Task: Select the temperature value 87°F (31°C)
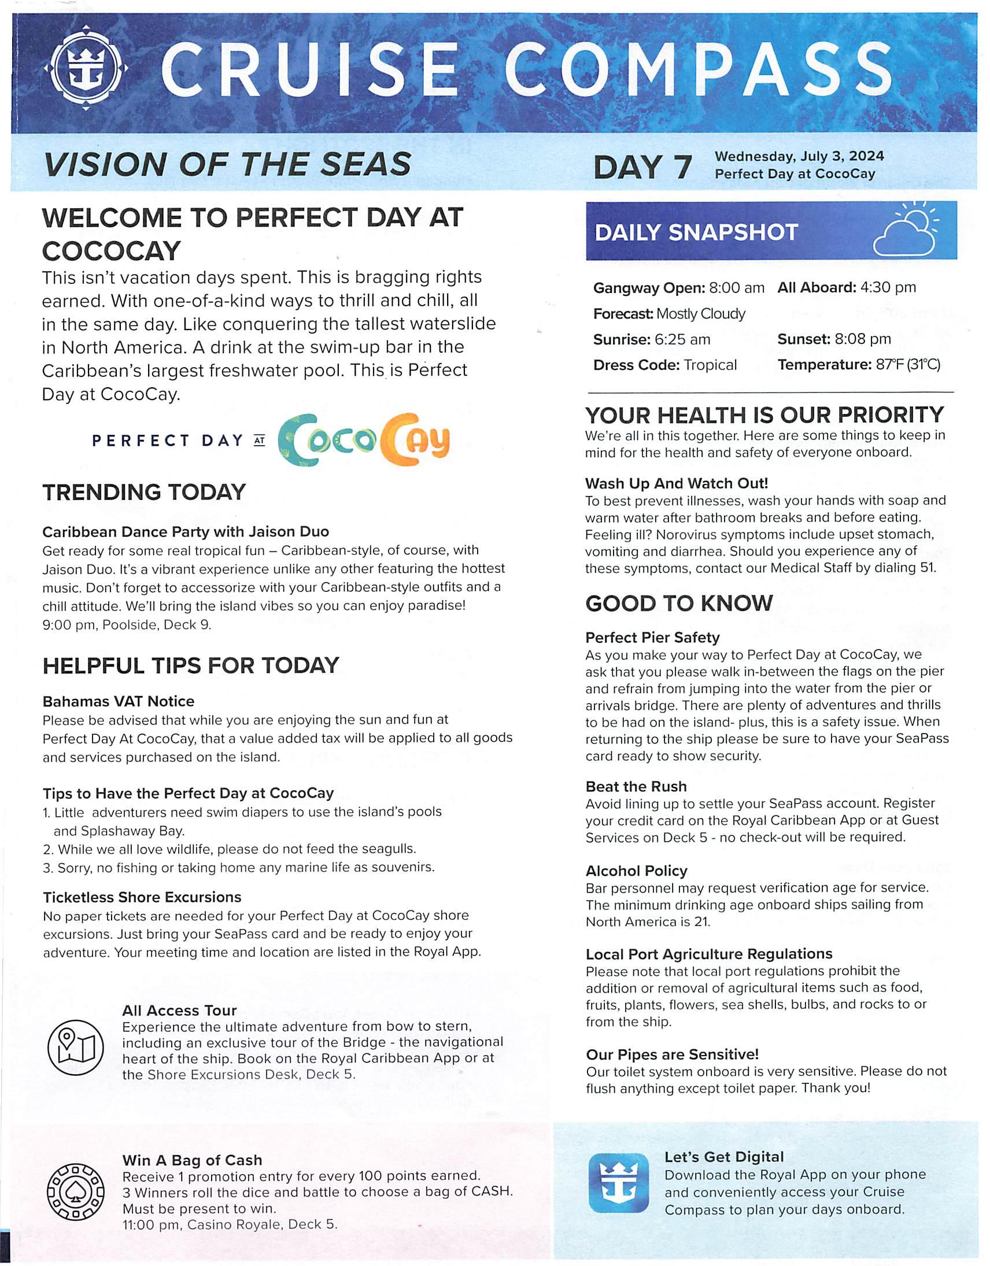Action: pyautogui.click(x=907, y=365)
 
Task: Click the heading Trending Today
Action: pyautogui.click(x=144, y=493)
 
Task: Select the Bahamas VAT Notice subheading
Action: pyautogui.click(x=119, y=701)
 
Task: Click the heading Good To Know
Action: pyautogui.click(x=679, y=604)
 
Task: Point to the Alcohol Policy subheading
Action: pyautogui.click(x=636, y=871)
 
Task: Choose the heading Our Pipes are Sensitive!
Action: pyautogui.click(x=672, y=1054)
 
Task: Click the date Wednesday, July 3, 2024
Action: pyautogui.click(x=799, y=156)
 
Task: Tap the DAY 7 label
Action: pyautogui.click(x=642, y=167)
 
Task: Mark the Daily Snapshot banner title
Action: pyautogui.click(x=696, y=232)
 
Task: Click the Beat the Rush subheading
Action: pyautogui.click(x=636, y=787)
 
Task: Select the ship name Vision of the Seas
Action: pyautogui.click(x=227, y=165)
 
